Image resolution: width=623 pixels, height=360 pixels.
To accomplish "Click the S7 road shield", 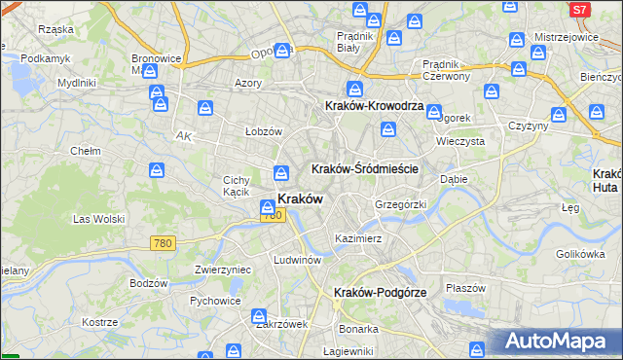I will point(579,10).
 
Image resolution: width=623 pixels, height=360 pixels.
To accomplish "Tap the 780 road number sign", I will point(163,244).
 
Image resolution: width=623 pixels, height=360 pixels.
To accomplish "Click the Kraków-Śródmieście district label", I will point(364,168).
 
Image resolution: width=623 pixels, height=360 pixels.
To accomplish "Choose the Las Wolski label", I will point(100,219).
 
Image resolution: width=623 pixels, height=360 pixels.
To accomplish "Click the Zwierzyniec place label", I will point(223,270).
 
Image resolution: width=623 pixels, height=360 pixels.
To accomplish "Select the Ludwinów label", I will point(298,260).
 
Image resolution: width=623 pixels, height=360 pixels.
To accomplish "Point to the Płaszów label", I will point(465,288).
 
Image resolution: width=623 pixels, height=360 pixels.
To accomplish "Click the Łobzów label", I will point(263,131).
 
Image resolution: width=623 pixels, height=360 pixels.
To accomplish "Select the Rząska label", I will point(55,29).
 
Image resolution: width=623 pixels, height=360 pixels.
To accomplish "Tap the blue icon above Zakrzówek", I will point(259,316).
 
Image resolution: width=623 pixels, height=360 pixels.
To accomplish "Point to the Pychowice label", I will point(215,301).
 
